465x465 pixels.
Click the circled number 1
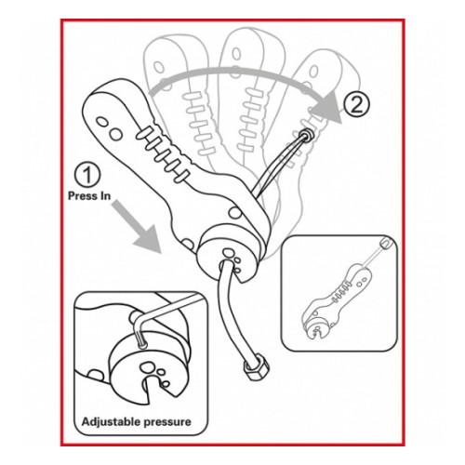pyautogui.click(x=87, y=175)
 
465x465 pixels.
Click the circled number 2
pyautogui.click(x=356, y=105)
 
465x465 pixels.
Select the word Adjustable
pyautogui.click(x=109, y=422)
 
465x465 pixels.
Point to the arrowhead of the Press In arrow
pyautogui.click(x=149, y=239)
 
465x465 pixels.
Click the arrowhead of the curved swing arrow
pyautogui.click(x=327, y=107)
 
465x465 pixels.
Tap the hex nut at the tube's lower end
pyautogui.click(x=257, y=368)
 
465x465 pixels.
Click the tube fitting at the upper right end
pyautogui.click(x=305, y=135)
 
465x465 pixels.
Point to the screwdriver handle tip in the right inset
pyautogui.click(x=386, y=243)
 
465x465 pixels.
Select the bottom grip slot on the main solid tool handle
pyautogui.click(x=182, y=176)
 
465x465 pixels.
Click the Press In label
pyautogui.click(x=89, y=196)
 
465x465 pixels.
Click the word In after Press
pyautogui.click(x=103, y=196)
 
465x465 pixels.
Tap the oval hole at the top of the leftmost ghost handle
pyautogui.click(x=159, y=67)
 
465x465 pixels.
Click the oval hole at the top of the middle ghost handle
pyautogui.click(x=236, y=53)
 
